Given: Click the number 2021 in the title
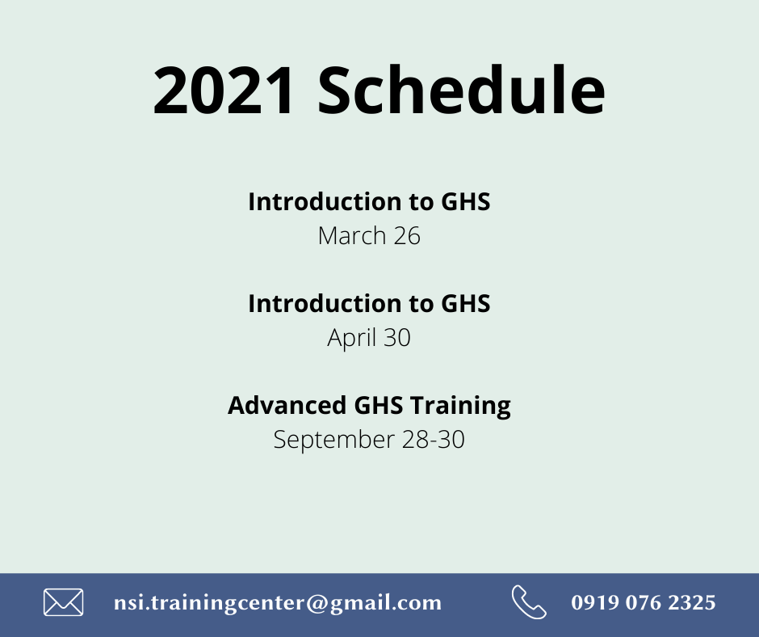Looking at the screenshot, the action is coord(223,91).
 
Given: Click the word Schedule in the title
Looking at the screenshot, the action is coord(461,90).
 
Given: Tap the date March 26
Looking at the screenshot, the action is coord(369,236).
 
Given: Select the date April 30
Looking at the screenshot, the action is coord(369,338).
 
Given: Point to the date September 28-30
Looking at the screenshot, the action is coord(369,440).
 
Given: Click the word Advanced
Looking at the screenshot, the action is coord(287,405).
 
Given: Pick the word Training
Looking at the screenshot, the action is coord(460,407).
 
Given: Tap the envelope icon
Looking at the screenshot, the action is coord(64,602).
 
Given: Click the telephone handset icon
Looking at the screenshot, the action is coord(529,602).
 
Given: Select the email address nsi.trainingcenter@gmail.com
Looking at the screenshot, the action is coord(278,603).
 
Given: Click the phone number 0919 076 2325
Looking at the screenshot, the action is coord(644,602).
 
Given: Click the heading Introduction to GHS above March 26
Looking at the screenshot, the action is coord(369,201).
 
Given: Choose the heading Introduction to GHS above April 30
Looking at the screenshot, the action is coord(369,303).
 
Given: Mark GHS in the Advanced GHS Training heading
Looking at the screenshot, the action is coord(378,405).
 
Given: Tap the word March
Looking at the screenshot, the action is coord(352,236).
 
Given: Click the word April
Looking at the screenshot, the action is coord(351,338).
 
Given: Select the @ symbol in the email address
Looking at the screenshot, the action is coord(317,603).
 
